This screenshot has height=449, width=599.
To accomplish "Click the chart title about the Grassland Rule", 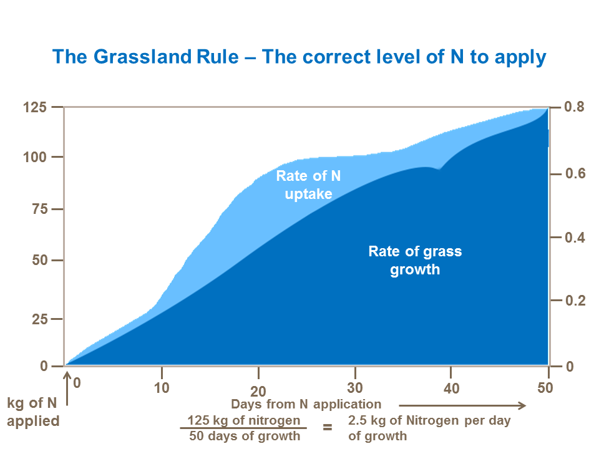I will tap(299, 57).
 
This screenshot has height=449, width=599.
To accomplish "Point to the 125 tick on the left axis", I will tap(36, 107).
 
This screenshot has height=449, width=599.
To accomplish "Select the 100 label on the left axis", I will tap(36, 157).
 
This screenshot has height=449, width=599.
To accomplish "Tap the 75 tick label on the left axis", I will tap(39, 210).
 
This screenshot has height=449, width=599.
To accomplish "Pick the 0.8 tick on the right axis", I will tap(574, 107).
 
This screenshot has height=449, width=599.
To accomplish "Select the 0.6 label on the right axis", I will tap(574, 173).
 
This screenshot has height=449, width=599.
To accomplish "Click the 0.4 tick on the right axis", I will tap(574, 238).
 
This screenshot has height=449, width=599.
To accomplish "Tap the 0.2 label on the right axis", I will tap(574, 301).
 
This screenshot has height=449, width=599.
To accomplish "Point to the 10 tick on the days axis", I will tap(162, 387).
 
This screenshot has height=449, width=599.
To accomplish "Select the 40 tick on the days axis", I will tap(451, 389).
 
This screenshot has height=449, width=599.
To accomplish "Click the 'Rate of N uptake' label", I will tap(308, 185).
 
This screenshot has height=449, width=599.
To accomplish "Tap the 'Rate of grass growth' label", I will tap(415, 261).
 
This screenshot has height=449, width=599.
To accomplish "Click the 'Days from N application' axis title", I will tap(306, 404).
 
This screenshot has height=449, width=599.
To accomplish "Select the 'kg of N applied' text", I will tap(33, 412).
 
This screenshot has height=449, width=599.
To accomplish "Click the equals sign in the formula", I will tap(327, 428).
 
